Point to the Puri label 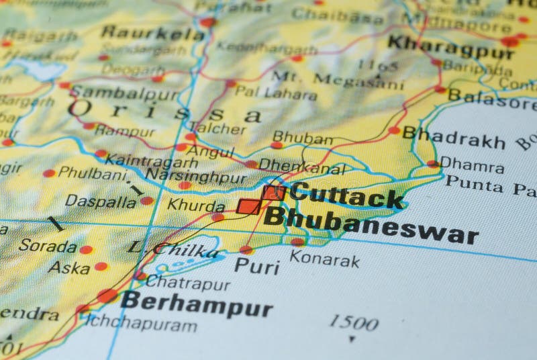(x=257, y=267)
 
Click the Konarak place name (x=324, y=259)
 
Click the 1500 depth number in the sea (x=353, y=323)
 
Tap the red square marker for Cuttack (x=274, y=193)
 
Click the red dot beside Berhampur (x=107, y=296)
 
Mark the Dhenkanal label (x=301, y=165)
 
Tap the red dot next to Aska (x=101, y=267)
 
